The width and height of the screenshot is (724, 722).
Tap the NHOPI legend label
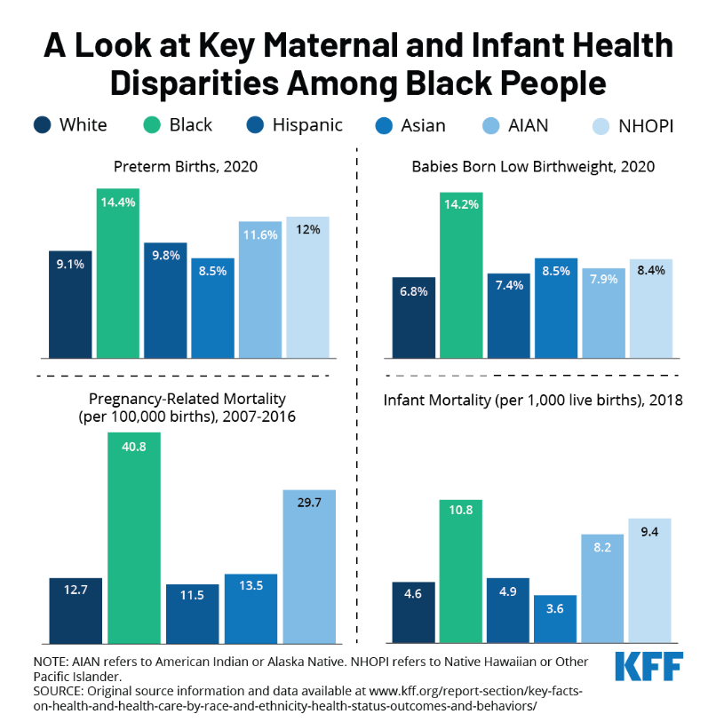point(646,126)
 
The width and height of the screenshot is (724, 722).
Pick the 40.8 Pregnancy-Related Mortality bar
point(134,537)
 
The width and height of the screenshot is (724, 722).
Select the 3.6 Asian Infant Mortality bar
point(555,618)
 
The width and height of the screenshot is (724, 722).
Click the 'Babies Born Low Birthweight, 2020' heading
point(533,166)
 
